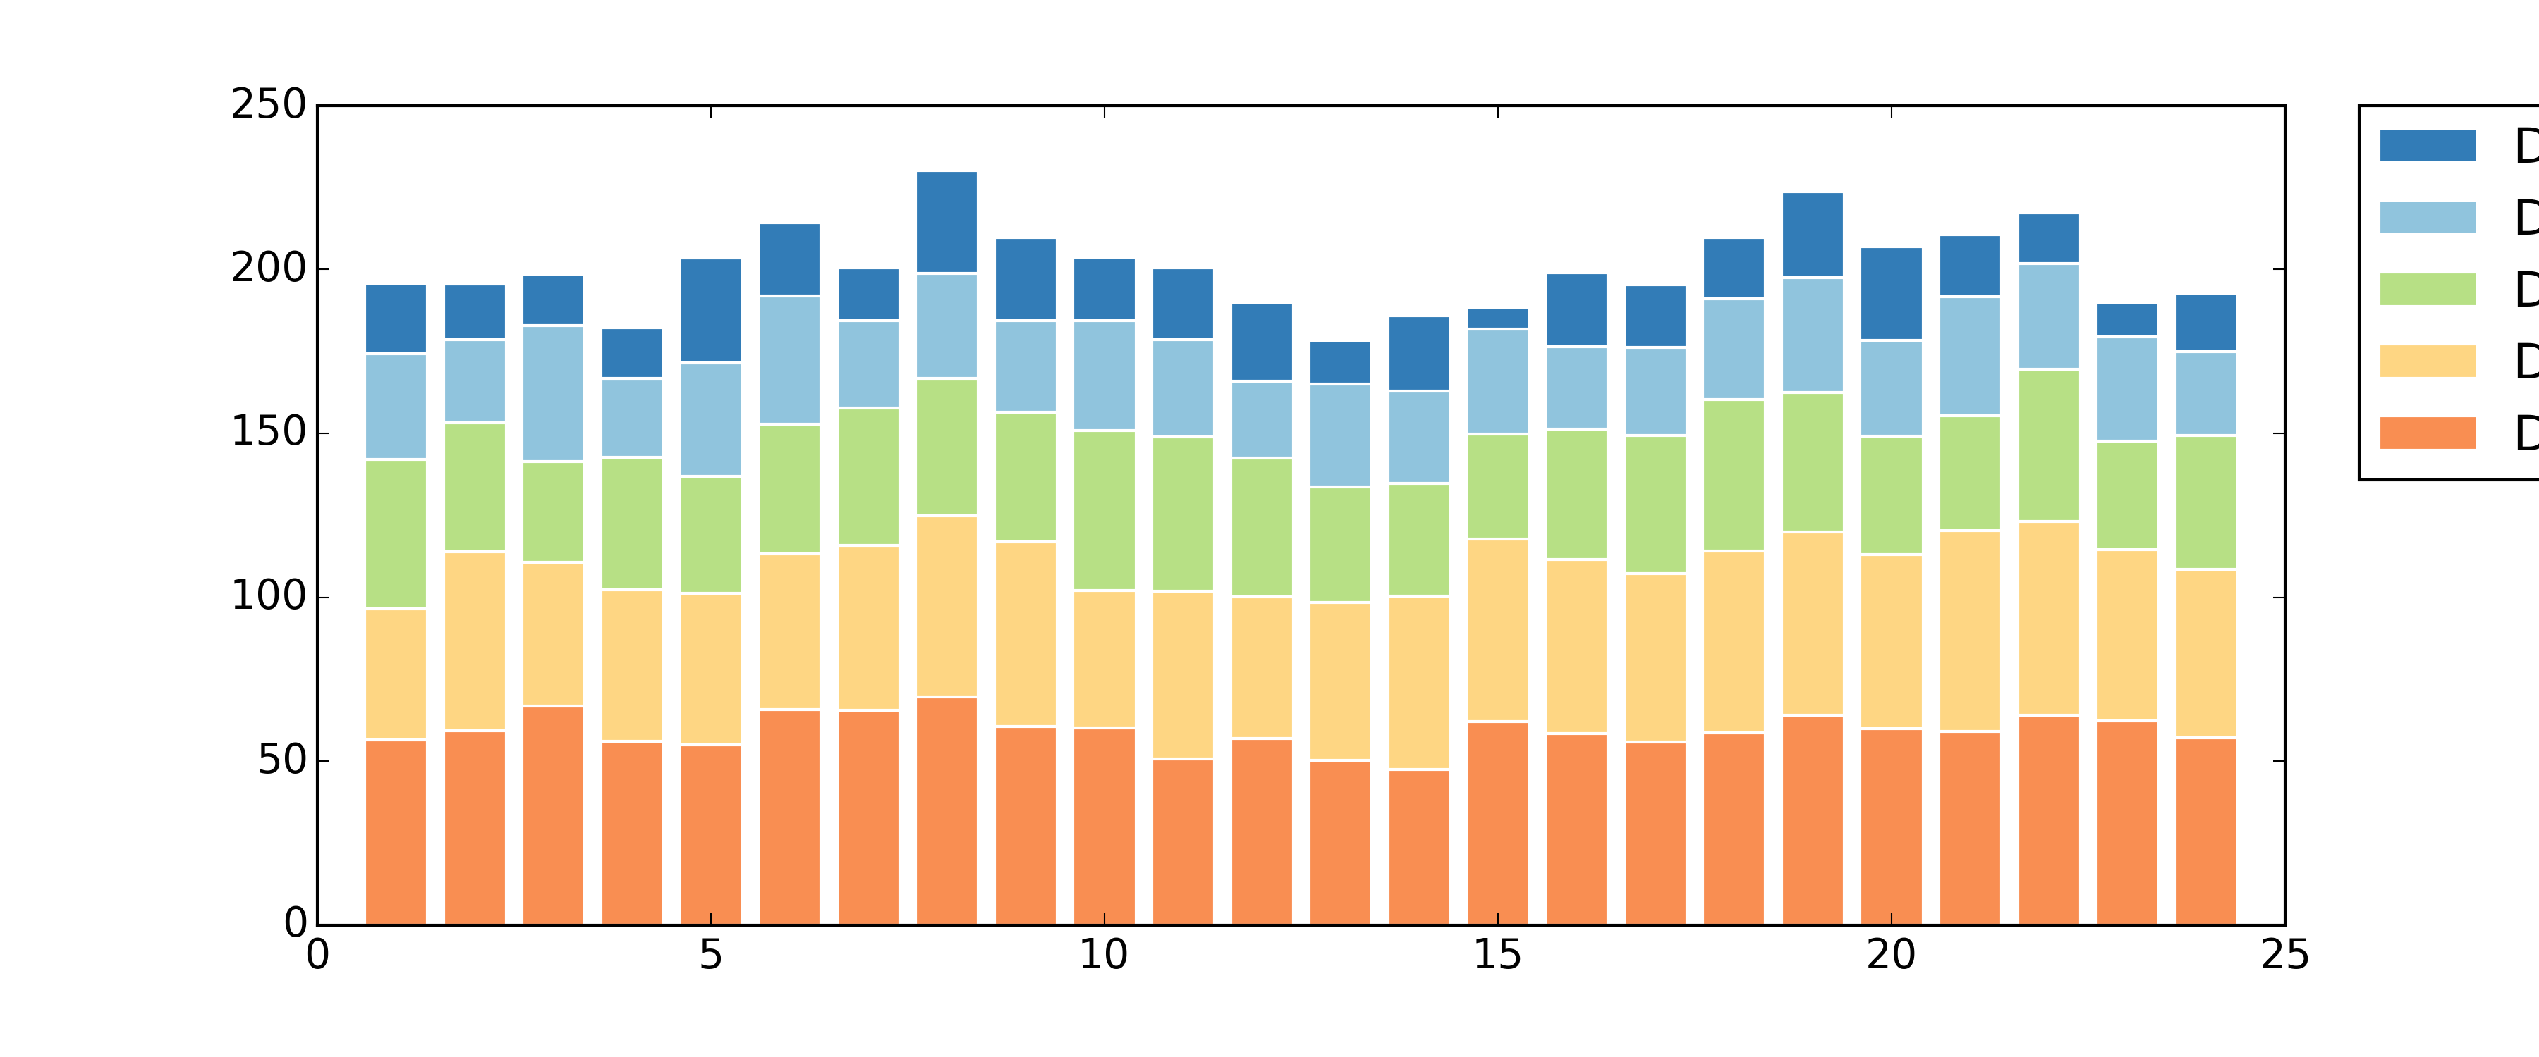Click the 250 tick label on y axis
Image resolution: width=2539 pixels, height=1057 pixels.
(x=268, y=104)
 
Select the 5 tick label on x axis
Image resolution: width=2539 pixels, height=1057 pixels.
(x=711, y=956)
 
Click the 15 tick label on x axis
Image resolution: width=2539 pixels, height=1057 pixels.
(x=1497, y=956)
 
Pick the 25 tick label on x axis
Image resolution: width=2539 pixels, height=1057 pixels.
(x=2284, y=956)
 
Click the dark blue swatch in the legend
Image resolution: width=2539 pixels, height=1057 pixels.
(x=2427, y=146)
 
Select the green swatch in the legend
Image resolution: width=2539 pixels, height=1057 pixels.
(x=2427, y=290)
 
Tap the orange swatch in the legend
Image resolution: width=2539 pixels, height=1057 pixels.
(x=2427, y=433)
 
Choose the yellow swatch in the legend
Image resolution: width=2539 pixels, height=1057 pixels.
(x=2427, y=361)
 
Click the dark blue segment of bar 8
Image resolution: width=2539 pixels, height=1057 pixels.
(x=946, y=223)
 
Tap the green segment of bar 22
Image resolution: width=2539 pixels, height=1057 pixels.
(x=2048, y=445)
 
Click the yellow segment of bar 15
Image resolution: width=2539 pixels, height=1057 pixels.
(x=1497, y=631)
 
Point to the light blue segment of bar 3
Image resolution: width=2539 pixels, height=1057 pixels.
(x=553, y=393)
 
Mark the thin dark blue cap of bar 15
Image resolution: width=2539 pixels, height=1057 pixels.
(x=1497, y=319)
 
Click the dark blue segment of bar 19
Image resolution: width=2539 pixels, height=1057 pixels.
(x=1812, y=235)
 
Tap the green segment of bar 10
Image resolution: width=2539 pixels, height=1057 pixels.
(x=1104, y=510)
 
